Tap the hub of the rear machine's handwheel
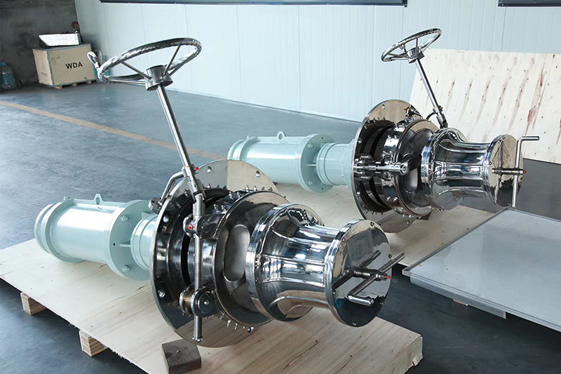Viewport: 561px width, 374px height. [x=412, y=51]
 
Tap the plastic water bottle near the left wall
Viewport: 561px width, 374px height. [x=8, y=76]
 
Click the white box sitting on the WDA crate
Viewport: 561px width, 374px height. [x=60, y=39]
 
